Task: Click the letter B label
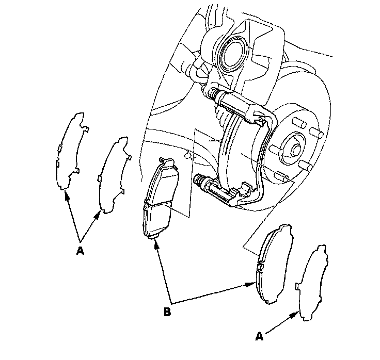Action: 167,312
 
